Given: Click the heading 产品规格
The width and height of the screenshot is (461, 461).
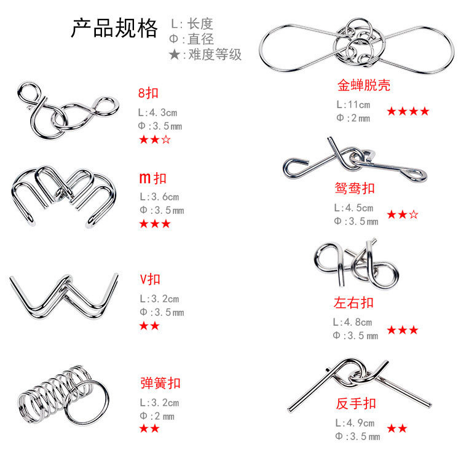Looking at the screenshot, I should point(114,29).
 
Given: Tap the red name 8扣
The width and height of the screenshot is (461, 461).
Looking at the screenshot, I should point(149,93).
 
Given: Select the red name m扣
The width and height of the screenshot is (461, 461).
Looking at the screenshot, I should point(152,178).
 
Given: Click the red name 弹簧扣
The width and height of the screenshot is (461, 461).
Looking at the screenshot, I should point(160,384).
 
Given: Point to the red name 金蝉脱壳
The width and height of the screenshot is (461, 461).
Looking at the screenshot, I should point(364,85).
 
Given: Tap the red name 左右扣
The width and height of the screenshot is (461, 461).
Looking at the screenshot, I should point(353,302).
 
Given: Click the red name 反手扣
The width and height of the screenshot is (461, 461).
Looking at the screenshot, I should point(356,404).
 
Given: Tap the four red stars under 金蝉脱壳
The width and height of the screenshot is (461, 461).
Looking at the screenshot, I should point(408,111).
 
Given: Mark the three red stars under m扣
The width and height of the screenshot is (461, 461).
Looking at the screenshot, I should point(155,224).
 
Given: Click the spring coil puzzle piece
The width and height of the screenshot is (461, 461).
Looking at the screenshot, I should point(58,392).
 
